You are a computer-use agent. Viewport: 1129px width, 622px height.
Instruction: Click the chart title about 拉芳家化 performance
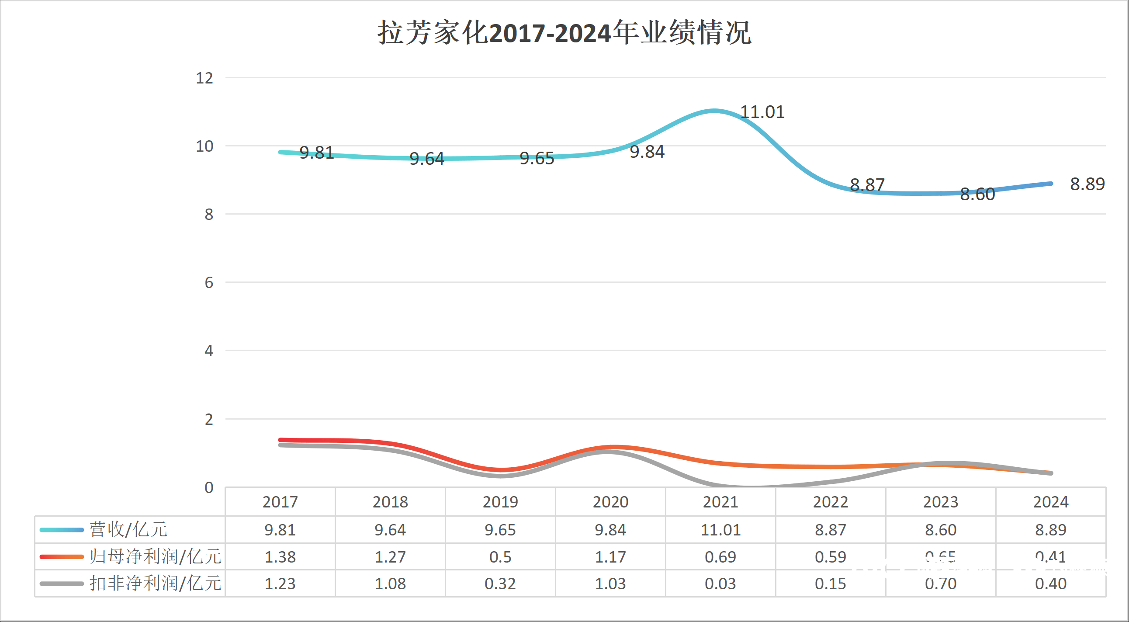pos(564,32)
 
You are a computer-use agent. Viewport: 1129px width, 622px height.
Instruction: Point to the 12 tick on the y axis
pos(204,78)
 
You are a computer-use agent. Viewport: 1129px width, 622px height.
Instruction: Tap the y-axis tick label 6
pos(208,283)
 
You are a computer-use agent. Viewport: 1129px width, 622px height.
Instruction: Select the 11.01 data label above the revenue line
pos(762,112)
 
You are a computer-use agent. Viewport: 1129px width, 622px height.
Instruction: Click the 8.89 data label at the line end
pos(1087,184)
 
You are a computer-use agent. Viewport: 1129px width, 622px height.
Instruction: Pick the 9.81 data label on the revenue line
pos(316,153)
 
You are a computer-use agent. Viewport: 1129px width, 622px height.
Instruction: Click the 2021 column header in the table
pos(720,502)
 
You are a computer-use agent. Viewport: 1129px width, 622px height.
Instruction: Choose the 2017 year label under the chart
pos(280,502)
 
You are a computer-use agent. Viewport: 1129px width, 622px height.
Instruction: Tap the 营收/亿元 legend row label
pos(128,529)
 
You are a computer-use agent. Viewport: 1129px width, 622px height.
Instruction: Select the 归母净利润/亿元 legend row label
pos(156,557)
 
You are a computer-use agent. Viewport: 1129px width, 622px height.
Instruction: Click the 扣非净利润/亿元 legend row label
pos(156,584)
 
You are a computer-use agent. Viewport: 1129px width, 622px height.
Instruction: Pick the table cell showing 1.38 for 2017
pos(280,557)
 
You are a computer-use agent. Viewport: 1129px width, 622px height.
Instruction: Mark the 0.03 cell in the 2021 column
pos(720,584)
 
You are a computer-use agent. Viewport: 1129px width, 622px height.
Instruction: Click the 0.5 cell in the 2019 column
pos(500,557)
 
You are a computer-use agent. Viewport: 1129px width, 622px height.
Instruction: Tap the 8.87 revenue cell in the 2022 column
pos(831,530)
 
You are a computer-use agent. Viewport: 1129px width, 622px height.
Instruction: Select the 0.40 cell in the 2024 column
pos(1050,584)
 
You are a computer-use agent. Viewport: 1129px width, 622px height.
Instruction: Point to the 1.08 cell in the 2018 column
pos(390,584)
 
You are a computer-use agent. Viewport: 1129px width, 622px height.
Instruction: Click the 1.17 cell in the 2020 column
pos(610,557)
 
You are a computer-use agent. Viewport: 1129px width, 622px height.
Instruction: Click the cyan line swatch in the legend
pos(61,530)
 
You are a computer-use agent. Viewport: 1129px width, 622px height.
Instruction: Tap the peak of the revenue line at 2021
pos(714,111)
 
